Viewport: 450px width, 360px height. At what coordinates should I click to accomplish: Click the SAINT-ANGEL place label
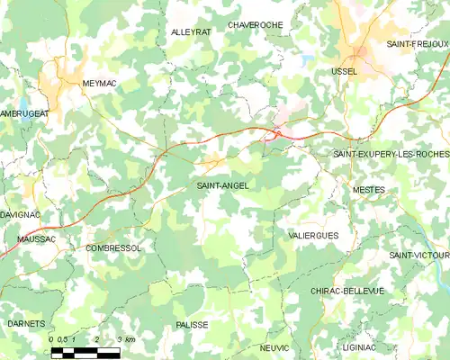(223, 185)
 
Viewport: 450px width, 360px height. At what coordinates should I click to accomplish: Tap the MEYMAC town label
(100, 83)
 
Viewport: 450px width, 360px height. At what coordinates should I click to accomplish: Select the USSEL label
(344, 70)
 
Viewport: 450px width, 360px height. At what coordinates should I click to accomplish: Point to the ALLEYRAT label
(191, 31)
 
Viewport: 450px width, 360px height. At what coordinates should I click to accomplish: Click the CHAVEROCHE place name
(256, 24)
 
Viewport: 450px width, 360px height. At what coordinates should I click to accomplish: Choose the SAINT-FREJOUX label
(417, 43)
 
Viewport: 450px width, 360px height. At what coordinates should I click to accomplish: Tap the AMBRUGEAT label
(24, 114)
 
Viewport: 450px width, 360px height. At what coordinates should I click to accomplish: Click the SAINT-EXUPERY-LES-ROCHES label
(391, 155)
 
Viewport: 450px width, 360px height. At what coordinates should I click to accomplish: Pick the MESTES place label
(369, 190)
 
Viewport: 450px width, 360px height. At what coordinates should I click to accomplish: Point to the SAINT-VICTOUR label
(418, 256)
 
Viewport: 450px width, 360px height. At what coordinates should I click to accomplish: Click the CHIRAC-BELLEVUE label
(346, 291)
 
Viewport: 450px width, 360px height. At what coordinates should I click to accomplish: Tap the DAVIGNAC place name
(20, 216)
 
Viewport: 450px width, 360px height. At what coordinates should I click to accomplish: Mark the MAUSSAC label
(37, 239)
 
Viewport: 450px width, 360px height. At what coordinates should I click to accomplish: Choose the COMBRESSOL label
(113, 247)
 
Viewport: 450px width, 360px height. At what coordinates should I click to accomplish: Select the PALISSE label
(193, 324)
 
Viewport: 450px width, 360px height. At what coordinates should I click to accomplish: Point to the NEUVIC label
(274, 346)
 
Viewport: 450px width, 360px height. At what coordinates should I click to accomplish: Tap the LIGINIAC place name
(360, 346)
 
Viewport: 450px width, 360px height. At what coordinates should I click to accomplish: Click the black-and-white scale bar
(85, 352)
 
